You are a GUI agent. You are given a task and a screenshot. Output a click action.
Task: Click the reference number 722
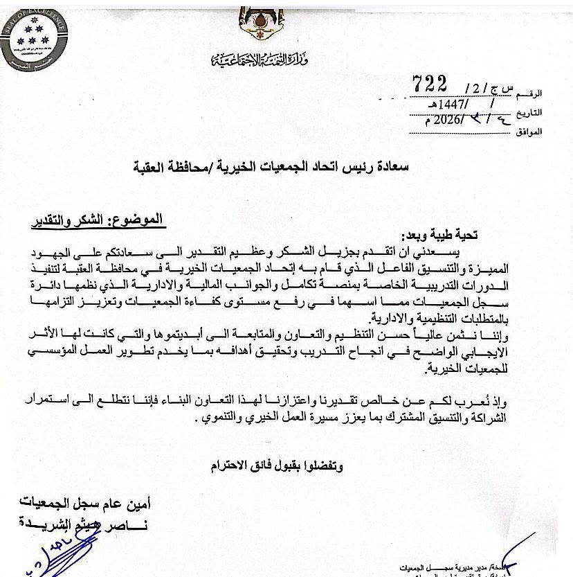430,83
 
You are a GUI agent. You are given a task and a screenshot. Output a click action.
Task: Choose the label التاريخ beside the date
529,112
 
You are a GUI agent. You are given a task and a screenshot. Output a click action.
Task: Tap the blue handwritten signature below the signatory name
55,554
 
